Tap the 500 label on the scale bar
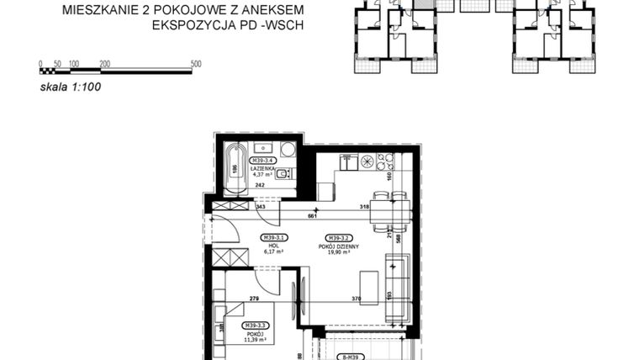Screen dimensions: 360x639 click(x=196, y=64)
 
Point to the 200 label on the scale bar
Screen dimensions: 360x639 click(x=104, y=64)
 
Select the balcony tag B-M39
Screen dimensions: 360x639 click(x=355, y=357)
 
